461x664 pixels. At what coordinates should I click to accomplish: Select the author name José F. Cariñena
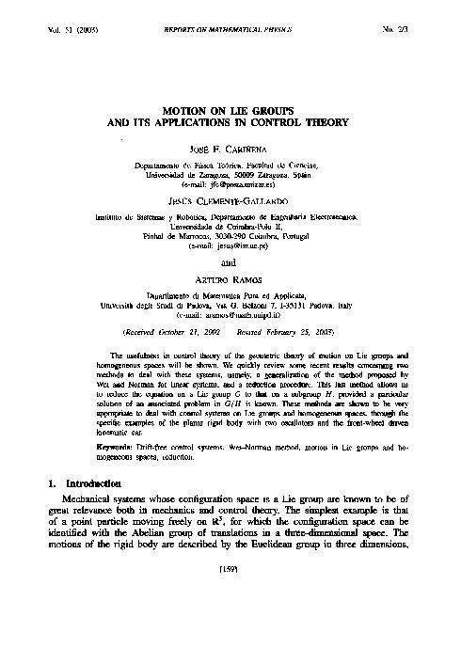point(230,149)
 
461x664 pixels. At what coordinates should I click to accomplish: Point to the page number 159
point(230,648)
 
